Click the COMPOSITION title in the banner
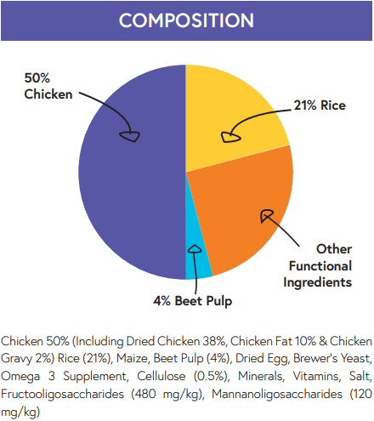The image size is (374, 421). [x=186, y=20]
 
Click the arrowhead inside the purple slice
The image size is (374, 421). [x=130, y=134]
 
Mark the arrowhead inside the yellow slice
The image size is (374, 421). [x=226, y=134]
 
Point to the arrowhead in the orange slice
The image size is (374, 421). [x=267, y=216]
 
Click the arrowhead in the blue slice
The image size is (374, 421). [x=195, y=250]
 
